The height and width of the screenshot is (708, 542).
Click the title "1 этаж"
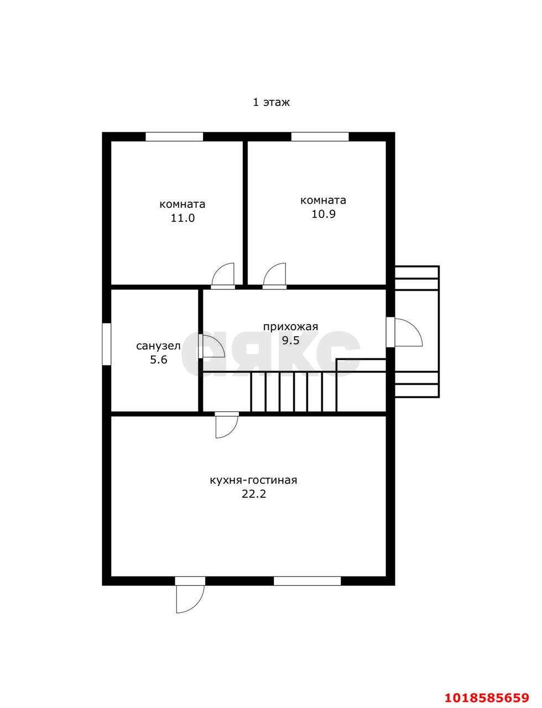click(271, 102)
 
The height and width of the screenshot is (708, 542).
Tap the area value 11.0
click(183, 217)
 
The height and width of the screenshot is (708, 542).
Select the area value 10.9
click(324, 214)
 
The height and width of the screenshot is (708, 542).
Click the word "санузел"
click(158, 346)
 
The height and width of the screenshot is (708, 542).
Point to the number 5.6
click(159, 360)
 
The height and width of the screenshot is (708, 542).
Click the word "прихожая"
click(290, 326)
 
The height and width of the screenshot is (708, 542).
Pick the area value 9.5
click(290, 340)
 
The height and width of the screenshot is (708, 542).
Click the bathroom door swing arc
click(213, 346)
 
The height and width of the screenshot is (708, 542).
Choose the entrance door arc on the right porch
click(409, 332)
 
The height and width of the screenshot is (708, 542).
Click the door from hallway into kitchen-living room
click(227, 425)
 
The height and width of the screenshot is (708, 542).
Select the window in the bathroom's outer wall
click(107, 343)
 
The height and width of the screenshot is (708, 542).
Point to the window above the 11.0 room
click(174, 137)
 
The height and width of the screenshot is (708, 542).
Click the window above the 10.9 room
click(320, 137)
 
